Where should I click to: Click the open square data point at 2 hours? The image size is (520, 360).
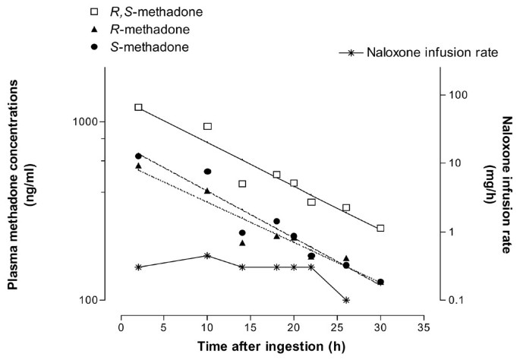pyautogui.click(x=138, y=108)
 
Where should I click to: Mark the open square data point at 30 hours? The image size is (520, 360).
pyautogui.click(x=380, y=228)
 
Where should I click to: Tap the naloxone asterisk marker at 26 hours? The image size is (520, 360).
pyautogui.click(x=346, y=300)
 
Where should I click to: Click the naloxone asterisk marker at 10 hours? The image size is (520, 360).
pyautogui.click(x=207, y=255)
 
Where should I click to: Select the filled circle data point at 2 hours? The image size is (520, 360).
pyautogui.click(x=138, y=156)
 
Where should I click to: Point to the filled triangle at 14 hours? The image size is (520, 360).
pyautogui.click(x=242, y=243)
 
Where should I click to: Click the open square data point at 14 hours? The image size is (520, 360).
pyautogui.click(x=242, y=184)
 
